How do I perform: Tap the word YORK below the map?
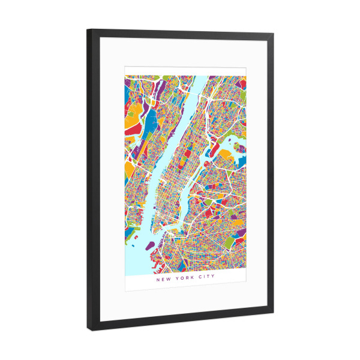[x=182, y=279]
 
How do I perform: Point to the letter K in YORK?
[x=190, y=279]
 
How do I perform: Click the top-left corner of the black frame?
[x=88, y=30]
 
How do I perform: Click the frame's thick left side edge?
[x=91, y=180]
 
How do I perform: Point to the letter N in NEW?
[x=158, y=278]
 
